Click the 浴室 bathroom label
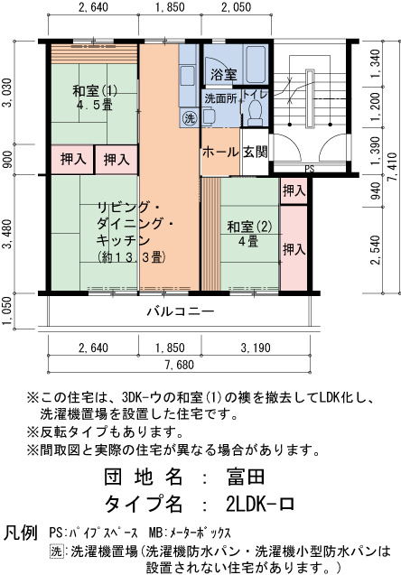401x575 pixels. click(223, 74)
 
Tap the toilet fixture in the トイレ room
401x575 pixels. click(255, 113)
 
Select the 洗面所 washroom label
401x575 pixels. click(220, 98)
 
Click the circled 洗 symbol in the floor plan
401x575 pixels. click(190, 118)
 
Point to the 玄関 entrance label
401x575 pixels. click(256, 152)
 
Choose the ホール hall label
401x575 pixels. click(220, 152)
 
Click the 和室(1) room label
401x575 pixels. click(94, 91)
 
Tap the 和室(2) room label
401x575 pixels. click(249, 227)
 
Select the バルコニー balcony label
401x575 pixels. click(180, 311)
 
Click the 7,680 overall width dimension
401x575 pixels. click(180, 365)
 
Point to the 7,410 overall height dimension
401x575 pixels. click(394, 167)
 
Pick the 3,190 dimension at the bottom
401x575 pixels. click(256, 348)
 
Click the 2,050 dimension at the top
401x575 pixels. click(237, 7)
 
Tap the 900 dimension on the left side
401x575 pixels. click(7, 160)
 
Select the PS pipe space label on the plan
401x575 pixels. click(310, 169)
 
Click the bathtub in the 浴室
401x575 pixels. click(256, 64)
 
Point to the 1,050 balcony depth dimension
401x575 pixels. click(7, 311)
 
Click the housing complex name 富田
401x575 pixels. click(246, 477)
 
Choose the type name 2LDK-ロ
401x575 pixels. click(260, 505)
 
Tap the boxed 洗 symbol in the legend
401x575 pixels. click(56, 551)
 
